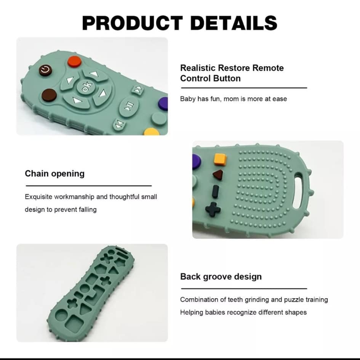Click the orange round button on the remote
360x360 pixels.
(x=75, y=62)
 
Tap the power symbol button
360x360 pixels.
(x=45, y=70)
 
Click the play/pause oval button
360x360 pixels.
(x=129, y=106)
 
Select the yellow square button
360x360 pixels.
(x=220, y=159)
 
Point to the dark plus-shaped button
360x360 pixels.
(x=213, y=209)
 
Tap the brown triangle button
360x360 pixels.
(x=218, y=175)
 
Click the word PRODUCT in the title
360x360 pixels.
(x=133, y=23)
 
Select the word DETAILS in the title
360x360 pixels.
(x=234, y=23)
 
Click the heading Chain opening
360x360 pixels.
(x=54, y=174)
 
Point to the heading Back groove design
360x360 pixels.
(x=221, y=276)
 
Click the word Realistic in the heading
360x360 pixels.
(x=198, y=68)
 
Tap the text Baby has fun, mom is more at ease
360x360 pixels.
(x=234, y=99)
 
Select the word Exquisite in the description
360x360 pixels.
(x=38, y=197)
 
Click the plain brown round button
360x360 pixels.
(x=49, y=95)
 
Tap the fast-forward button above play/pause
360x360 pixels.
(x=138, y=89)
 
